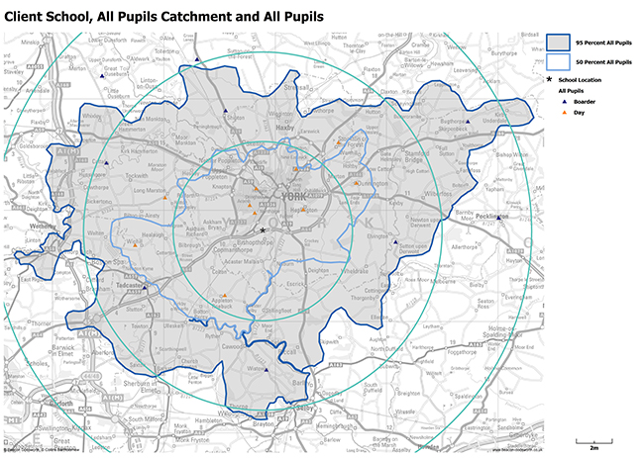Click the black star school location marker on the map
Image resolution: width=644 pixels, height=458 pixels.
[x=264, y=229]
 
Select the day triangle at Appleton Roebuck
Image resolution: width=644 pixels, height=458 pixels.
[x=224, y=296]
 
